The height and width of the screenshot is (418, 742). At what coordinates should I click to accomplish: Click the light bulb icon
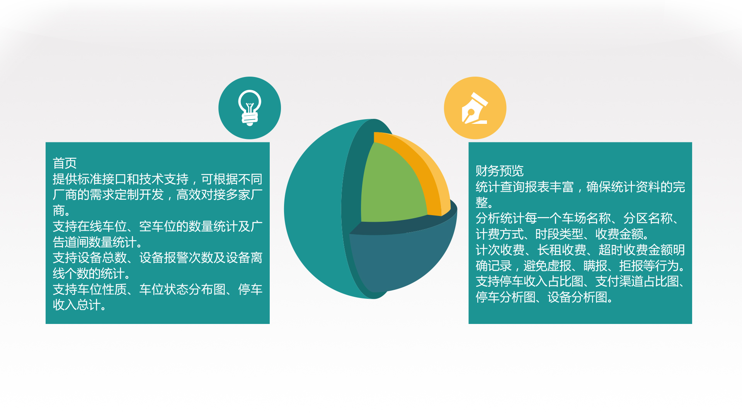coord(250,108)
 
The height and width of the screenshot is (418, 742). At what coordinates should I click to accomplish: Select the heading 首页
coord(65,163)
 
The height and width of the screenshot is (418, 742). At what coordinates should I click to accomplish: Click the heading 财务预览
coord(499,171)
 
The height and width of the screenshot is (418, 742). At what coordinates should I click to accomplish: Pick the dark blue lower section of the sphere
coord(402,259)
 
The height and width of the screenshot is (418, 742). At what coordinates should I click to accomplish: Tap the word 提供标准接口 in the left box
coord(89,179)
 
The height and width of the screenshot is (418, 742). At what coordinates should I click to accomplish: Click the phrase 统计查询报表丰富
coord(524,187)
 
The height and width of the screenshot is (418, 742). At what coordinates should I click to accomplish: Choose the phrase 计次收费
coord(500,250)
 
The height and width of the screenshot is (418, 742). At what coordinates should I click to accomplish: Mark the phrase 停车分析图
coord(505,297)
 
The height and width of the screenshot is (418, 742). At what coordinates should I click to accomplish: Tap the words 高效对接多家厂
coord(220,195)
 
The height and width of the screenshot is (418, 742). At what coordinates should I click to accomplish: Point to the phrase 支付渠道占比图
coord(637,281)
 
